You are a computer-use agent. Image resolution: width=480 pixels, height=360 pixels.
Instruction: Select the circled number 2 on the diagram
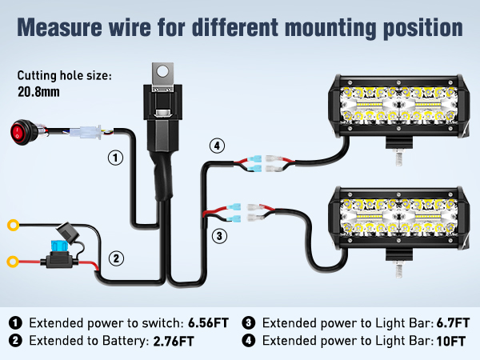click(x=117, y=258)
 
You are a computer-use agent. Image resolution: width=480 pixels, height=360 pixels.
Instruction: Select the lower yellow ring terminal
click(x=14, y=261)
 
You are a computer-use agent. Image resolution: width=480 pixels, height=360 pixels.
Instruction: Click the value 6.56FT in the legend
click(x=208, y=323)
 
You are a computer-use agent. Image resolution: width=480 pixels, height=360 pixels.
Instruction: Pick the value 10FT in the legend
click(x=453, y=342)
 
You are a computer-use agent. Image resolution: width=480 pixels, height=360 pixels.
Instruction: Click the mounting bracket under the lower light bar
click(x=394, y=260)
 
